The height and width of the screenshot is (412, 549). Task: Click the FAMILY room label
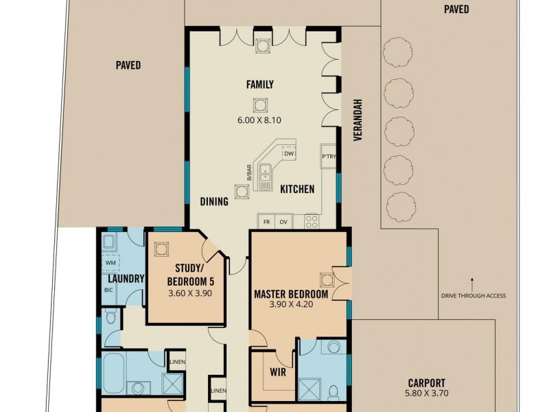pos(260,84)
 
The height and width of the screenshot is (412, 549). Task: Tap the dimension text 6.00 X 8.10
pos(259,120)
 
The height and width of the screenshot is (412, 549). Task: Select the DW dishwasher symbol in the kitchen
pos(289,153)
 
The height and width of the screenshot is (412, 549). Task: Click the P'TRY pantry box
pos(329,157)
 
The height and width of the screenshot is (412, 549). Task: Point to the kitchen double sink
pos(265,177)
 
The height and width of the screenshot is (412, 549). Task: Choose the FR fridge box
pos(266,222)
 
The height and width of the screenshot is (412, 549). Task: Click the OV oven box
pos(283,222)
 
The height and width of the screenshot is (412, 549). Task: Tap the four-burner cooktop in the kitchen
pos(312,221)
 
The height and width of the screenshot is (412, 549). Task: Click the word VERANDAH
pos(357,120)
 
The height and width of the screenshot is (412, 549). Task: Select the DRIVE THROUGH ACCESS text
pos(474,296)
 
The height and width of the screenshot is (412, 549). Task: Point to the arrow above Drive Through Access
pos(472,285)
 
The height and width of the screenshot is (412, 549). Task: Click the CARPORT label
pos(427,383)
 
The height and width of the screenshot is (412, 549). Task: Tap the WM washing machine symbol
pos(110,262)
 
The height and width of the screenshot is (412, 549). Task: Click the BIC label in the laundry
pos(108,290)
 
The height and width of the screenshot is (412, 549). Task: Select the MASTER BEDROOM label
pos(291,294)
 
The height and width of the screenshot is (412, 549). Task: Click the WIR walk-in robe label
pos(278,372)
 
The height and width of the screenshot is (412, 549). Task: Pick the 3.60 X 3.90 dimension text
pos(190,293)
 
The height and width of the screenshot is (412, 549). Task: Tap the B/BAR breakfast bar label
pos(249,172)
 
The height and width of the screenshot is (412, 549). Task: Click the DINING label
pos(214,201)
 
